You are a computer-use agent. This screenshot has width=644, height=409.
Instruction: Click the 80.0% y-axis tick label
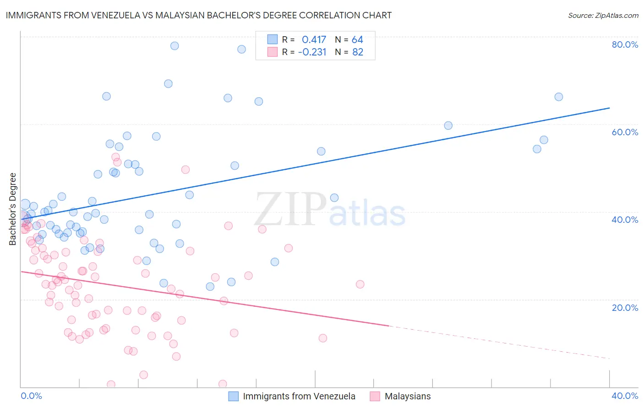coord(625,44)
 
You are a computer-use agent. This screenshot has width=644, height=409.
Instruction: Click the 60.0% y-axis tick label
coord(625,132)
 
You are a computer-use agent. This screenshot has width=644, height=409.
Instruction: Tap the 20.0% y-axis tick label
coord(625,308)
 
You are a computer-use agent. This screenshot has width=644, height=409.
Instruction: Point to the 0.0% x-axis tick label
coord(31,396)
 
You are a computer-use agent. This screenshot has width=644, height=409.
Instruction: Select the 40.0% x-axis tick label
coord(625,396)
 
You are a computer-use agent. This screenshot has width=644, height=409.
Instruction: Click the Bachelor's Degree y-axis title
coord(13,209)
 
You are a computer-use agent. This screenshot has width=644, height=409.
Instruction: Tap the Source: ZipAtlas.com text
coord(603,15)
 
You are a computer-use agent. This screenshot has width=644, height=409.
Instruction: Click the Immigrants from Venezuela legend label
coord(299,396)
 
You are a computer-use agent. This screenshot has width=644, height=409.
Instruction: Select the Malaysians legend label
coord(408,396)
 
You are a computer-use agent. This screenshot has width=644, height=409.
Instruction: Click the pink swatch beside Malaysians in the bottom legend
coord(375,396)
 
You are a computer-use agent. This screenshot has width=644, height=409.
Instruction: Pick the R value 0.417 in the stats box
coord(314,39)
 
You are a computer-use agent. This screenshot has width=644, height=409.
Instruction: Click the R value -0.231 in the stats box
coord(312,52)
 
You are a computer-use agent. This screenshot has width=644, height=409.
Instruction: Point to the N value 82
coord(358,52)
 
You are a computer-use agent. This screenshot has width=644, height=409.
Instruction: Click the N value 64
coord(357,39)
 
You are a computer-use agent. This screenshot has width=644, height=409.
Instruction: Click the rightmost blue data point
coord(558,97)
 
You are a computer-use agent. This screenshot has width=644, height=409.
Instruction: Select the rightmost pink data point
coord(360,284)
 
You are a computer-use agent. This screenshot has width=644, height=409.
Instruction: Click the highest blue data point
coord(175,46)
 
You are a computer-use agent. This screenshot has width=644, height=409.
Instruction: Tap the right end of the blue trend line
coord(609,108)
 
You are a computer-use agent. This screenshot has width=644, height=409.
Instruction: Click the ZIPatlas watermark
coord(330,210)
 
